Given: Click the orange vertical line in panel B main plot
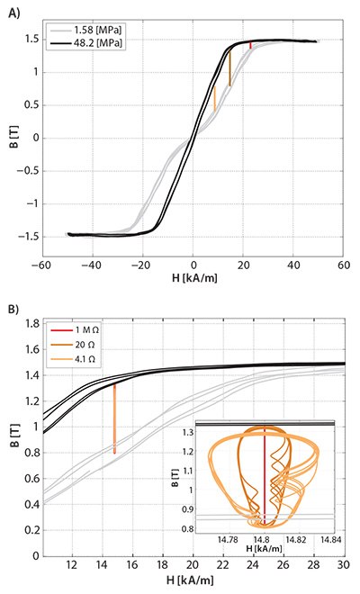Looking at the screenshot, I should [114, 418].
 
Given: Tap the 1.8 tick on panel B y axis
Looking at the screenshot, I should [29, 323].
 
